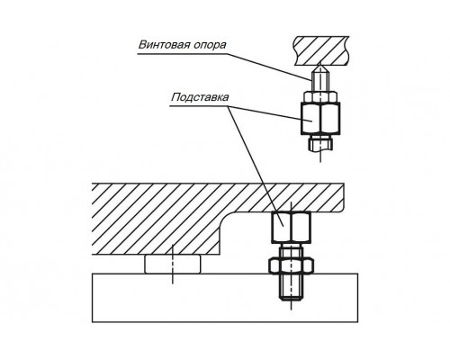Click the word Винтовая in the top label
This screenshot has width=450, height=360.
tap(164, 44)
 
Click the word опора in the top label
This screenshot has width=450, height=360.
tap(210, 45)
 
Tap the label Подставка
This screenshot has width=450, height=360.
tap(200, 97)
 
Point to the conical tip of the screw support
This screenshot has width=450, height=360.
tap(320, 67)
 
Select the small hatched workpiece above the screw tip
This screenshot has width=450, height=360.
tap(321, 50)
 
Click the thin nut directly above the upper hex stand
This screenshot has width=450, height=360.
tap(320, 96)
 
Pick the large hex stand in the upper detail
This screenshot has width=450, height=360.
tap(320, 118)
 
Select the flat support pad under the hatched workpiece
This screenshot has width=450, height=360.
tap(173, 264)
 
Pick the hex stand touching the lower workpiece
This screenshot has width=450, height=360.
tap(291, 227)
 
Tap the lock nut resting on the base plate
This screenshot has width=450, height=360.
tap(291, 265)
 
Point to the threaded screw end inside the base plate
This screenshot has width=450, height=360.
tap(291, 287)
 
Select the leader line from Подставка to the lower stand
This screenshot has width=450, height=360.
tap(256, 166)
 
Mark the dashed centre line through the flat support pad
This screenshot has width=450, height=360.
tap(173, 264)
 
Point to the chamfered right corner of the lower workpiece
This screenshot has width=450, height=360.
tap(341, 208)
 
